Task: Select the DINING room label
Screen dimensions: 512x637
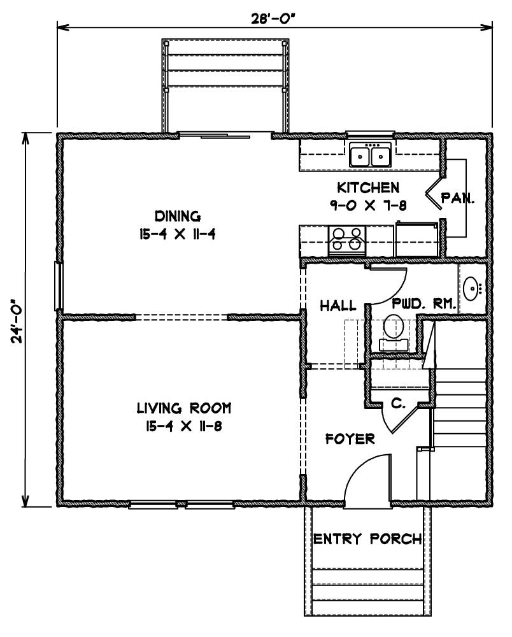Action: tap(178, 216)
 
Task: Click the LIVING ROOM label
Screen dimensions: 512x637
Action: tap(184, 408)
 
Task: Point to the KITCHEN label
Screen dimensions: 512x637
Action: tap(368, 188)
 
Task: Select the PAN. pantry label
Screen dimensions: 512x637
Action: tap(458, 198)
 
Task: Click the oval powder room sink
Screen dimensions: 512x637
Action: tap(471, 289)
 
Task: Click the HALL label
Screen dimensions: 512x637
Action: tap(338, 305)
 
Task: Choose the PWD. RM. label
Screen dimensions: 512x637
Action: tap(423, 304)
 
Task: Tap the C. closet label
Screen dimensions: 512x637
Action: tap(398, 403)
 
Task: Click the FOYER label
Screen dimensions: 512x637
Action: tap(350, 439)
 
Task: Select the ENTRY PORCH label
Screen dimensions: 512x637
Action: tap(367, 539)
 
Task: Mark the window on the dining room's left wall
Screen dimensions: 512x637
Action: tap(58, 287)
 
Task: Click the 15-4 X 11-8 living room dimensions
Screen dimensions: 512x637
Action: tap(184, 426)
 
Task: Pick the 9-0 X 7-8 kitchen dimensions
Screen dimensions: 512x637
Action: tap(368, 206)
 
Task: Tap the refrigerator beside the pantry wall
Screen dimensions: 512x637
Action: tap(417, 240)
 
